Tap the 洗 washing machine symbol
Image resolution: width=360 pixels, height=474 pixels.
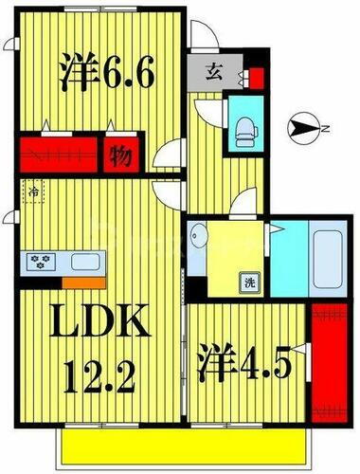coord(249,282)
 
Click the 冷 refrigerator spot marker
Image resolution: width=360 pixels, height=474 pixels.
coord(32,193)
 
